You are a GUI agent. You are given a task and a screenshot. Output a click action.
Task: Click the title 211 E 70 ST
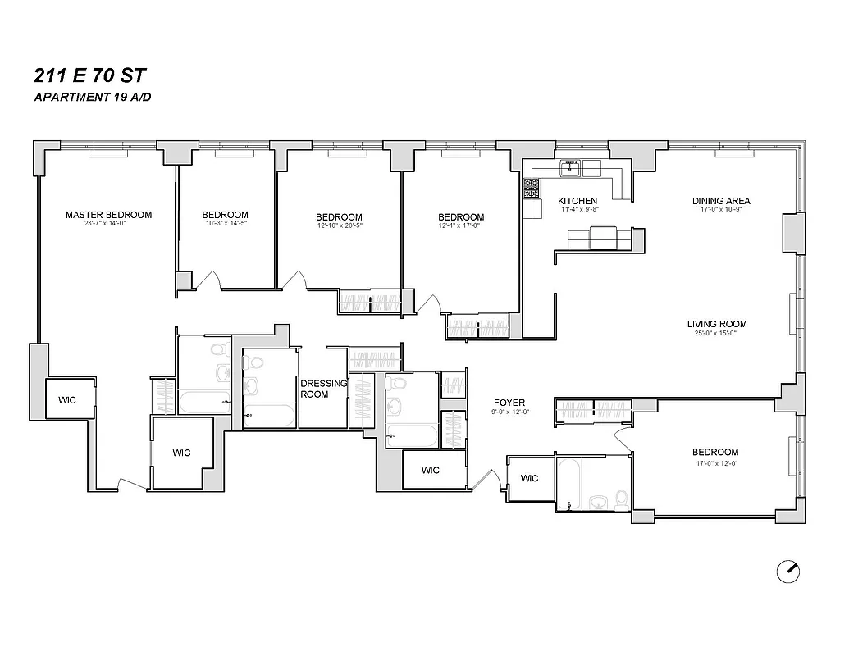click(90, 76)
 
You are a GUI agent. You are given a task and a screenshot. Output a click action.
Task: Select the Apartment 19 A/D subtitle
click(92, 98)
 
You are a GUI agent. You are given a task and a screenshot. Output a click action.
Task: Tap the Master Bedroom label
click(108, 215)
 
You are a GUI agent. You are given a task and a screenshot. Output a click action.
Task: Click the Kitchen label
click(577, 201)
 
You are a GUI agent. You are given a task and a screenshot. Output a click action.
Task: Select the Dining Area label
click(721, 201)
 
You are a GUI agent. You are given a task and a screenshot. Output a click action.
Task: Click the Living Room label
click(717, 324)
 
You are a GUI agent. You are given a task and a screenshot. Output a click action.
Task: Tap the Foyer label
click(509, 403)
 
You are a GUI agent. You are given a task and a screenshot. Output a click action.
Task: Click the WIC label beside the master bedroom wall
click(67, 400)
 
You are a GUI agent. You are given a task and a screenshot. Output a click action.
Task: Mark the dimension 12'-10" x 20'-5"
click(339, 227)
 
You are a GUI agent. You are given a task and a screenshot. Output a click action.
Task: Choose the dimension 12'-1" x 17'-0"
click(461, 227)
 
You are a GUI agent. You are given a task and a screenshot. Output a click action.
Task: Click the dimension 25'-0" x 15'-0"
click(717, 334)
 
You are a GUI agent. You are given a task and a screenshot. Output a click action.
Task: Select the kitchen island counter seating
click(600, 239)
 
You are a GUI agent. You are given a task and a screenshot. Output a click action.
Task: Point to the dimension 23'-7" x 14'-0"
click(108, 225)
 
